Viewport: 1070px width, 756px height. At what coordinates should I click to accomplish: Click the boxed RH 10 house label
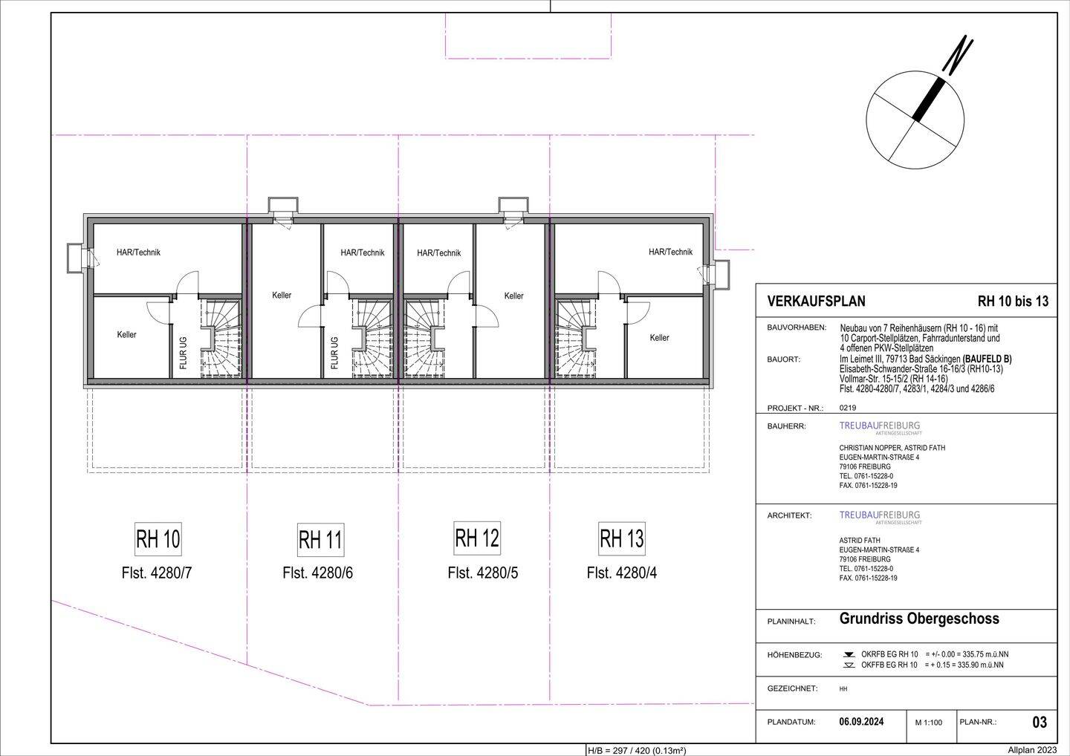pos(158,539)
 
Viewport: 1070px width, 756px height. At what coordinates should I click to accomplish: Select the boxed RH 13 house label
pos(621,538)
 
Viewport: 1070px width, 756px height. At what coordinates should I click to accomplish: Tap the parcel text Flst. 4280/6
pos(318,573)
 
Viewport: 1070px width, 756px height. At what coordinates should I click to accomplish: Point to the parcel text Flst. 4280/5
pos(482,573)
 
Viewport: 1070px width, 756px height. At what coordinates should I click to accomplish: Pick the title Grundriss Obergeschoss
pos(919,619)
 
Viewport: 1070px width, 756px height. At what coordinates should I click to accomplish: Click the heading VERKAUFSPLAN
pos(816,302)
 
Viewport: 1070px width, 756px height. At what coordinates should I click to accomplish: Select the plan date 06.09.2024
pos(861,722)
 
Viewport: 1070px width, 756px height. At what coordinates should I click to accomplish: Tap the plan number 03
pos(1040,722)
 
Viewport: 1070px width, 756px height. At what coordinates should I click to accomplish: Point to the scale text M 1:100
pos(929,723)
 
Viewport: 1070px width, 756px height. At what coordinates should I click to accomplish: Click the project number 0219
pos(848,408)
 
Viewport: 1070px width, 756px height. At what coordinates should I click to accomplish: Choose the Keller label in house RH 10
pos(126,335)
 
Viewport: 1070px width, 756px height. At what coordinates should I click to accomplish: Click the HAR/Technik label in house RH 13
pos(670,252)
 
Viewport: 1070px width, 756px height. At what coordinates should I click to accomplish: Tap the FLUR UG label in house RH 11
pos(334,353)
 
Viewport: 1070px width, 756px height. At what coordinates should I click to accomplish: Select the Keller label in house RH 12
pos(514,296)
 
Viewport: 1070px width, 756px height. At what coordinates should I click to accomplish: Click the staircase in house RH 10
pos(220,338)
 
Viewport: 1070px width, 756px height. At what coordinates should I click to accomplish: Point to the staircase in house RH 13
pos(577,338)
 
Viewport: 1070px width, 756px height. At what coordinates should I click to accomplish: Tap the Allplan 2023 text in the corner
pos(1032,751)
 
